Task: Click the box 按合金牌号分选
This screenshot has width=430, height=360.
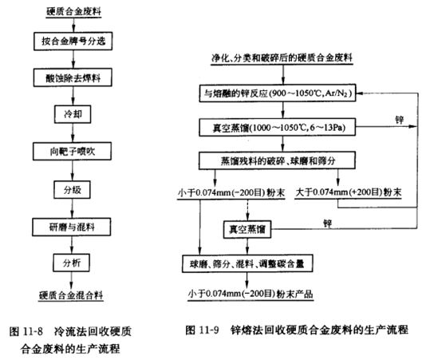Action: tap(73, 42)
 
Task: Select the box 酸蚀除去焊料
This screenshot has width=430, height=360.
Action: tap(73, 77)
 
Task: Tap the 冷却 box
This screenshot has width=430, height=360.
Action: tap(73, 114)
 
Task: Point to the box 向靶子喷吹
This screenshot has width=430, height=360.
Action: tap(73, 151)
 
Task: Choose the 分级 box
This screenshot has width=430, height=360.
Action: tap(72, 190)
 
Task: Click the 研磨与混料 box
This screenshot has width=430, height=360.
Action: tap(72, 227)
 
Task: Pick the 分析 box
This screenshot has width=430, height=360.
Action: tap(71, 263)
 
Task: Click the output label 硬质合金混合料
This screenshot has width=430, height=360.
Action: tap(71, 295)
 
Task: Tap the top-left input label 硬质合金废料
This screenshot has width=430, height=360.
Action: tap(73, 11)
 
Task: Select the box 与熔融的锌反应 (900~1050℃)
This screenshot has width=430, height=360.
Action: tap(278, 93)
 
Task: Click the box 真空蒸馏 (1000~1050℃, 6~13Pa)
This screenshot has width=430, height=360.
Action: tap(278, 128)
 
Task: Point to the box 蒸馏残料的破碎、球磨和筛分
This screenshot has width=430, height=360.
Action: tap(277, 160)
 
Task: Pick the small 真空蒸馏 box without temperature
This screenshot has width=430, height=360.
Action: tap(247, 229)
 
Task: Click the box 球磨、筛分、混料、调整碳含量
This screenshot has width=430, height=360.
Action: tap(247, 263)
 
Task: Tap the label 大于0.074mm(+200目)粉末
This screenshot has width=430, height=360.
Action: tap(349, 192)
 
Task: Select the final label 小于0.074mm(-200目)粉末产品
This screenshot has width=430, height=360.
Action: tap(251, 294)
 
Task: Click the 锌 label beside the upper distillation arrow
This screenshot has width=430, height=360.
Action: tap(399, 120)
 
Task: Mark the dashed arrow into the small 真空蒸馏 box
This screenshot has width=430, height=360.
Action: tap(247, 210)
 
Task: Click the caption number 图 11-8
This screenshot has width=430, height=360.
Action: tap(26, 331)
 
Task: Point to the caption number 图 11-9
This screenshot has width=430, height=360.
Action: tap(203, 330)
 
